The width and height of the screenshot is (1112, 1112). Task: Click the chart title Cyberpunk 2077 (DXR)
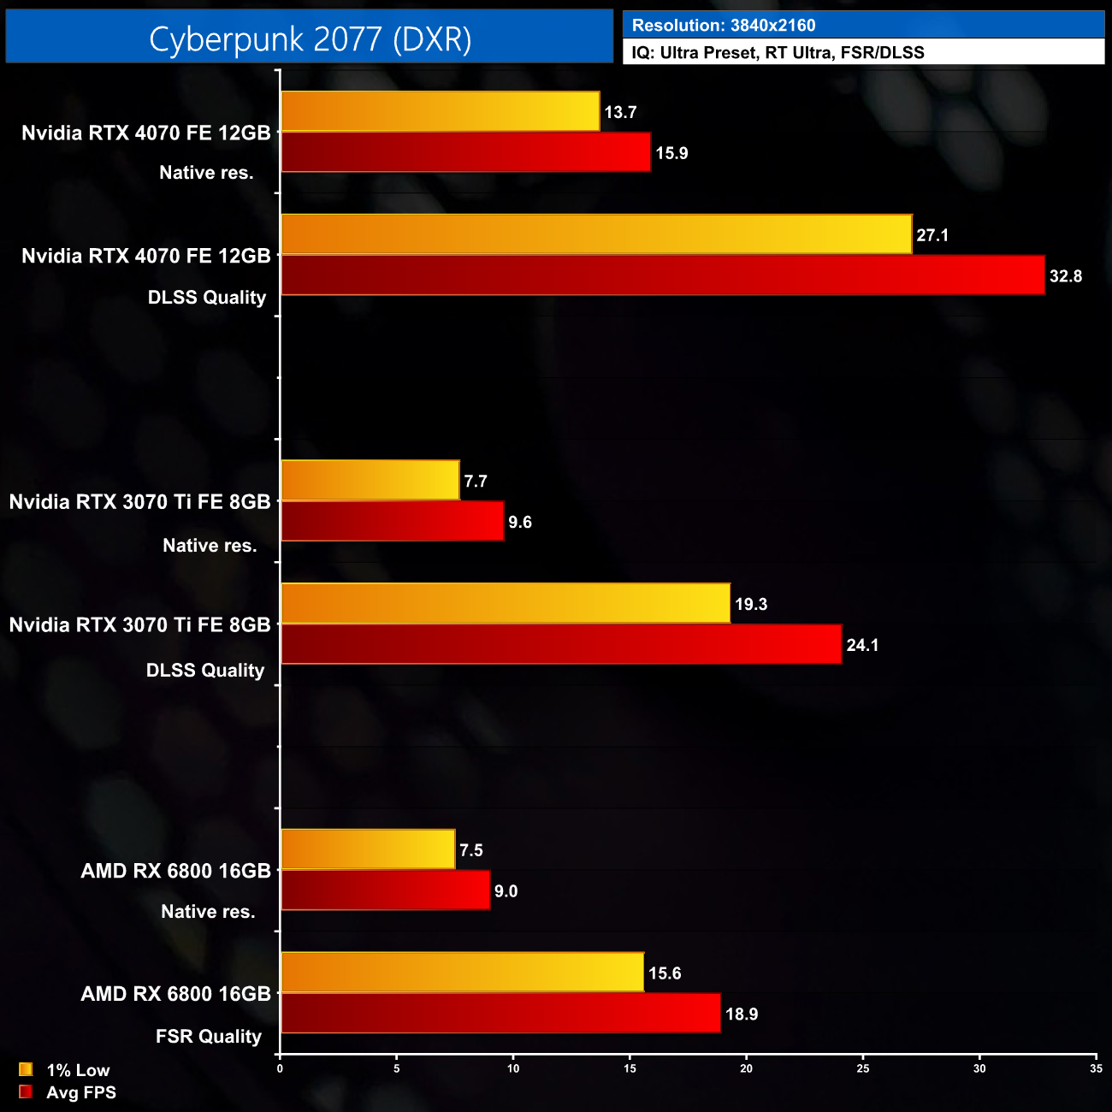coord(310,38)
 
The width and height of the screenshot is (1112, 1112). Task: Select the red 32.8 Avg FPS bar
coord(663,275)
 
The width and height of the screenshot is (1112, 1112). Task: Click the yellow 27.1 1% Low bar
coord(596,234)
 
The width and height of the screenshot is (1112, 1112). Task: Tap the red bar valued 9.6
coord(392,522)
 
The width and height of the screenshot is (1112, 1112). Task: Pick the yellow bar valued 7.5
coord(368,849)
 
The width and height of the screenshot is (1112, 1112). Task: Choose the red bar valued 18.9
coord(500,1014)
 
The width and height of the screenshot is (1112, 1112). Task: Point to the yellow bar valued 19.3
coord(506,604)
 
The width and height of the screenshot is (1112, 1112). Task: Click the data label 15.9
coord(671,153)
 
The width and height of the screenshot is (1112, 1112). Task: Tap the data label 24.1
coord(862,645)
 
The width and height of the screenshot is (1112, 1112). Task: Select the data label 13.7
coord(620,112)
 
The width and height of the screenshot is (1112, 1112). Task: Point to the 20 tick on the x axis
coord(747,1068)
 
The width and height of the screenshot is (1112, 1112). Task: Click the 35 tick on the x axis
coord(1096,1068)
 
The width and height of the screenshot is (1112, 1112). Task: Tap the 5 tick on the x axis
coord(397,1068)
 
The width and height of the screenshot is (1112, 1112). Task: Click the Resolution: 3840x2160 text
coord(724,26)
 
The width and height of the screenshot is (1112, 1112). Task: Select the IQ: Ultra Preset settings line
coord(778,52)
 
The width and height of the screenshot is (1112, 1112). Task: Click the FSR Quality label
coord(209,1037)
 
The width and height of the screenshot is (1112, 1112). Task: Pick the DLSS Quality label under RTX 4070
coord(207,298)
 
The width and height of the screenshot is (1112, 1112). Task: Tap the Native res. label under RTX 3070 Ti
coord(210,546)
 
